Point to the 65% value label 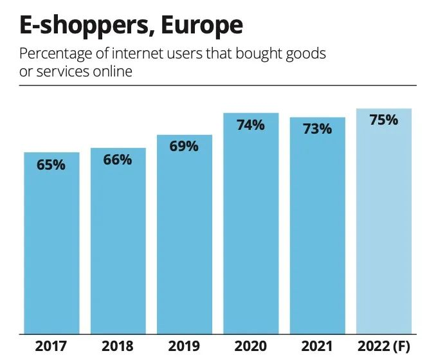[51, 165]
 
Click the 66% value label [118, 160]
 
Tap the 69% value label [184, 147]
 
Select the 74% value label [251, 125]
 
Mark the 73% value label [317, 129]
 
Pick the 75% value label [383, 120]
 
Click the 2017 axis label [51, 347]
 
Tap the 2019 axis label [184, 347]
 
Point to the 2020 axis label [251, 347]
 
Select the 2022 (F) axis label [383, 347]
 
